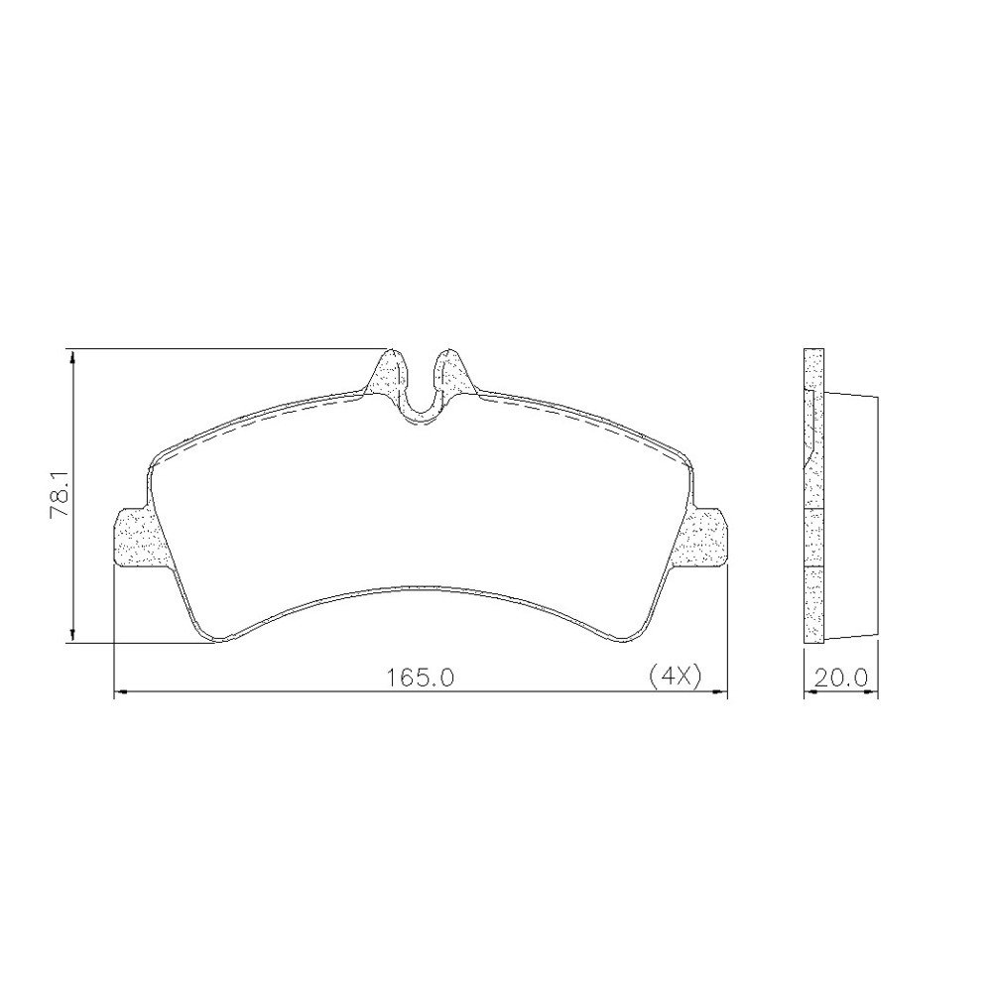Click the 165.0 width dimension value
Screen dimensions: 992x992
(x=421, y=678)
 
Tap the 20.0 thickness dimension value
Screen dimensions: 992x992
(x=840, y=678)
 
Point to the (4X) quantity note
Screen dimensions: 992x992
(x=675, y=677)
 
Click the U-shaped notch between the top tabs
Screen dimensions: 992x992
(x=421, y=405)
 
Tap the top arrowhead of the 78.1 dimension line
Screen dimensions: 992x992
(x=73, y=359)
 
